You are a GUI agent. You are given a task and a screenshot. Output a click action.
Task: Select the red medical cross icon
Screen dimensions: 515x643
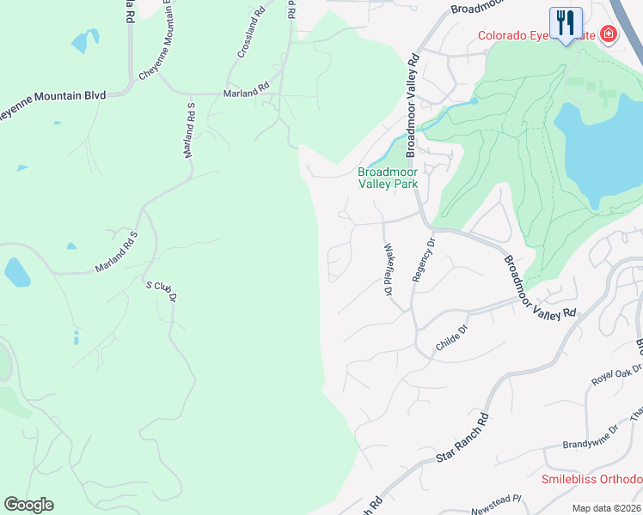point(609,35)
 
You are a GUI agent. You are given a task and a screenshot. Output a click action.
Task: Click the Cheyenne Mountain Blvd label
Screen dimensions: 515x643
point(52,96)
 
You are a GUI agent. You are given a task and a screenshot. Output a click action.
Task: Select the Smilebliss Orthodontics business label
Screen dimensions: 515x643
point(591,479)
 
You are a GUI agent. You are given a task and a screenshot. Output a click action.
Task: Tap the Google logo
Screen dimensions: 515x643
point(28,505)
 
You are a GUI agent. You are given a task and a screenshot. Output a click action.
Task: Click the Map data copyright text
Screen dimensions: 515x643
point(607,508)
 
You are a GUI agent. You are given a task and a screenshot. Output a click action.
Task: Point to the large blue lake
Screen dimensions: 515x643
point(602,150)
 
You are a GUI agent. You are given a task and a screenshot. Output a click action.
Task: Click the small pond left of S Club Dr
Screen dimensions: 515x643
point(17,272)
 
